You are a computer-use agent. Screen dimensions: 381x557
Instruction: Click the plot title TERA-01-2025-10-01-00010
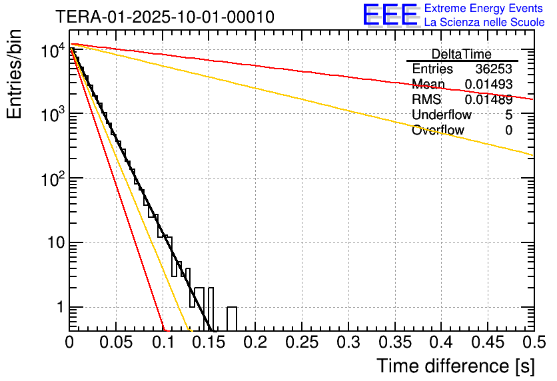165,17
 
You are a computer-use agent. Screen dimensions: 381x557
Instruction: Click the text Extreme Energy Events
484,9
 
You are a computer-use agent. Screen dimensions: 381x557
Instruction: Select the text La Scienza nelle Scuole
484,23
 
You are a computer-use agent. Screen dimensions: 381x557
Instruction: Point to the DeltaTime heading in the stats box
462,55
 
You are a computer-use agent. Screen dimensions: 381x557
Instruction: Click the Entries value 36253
494,69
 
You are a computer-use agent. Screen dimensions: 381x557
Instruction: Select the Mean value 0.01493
488,85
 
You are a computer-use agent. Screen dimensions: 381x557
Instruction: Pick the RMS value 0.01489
488,100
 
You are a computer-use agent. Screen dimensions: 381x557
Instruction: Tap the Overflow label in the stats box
438,131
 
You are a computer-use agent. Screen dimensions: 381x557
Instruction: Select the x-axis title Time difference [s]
456,366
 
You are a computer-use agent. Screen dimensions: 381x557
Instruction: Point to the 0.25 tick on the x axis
301,342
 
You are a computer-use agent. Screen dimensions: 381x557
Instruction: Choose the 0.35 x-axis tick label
394,342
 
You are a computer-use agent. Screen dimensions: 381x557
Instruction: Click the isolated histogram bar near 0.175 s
232,318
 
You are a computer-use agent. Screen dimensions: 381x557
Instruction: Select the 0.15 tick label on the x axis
209,342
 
